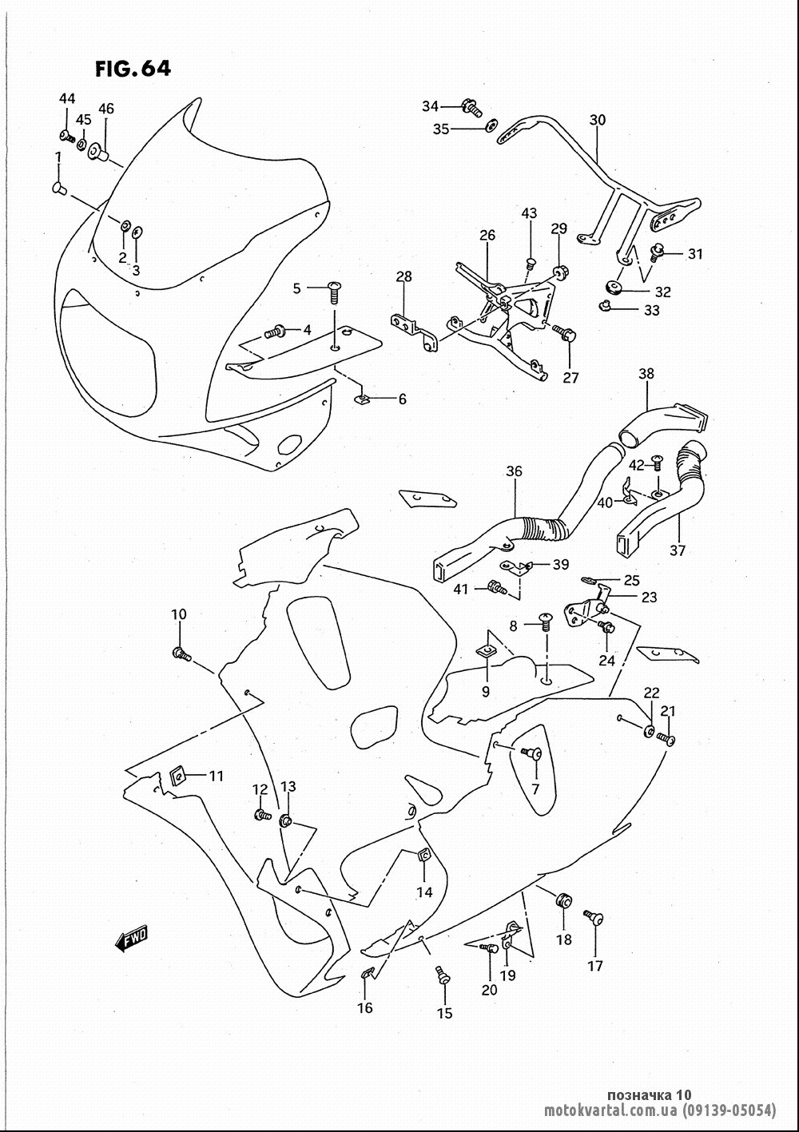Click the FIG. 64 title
point(133,69)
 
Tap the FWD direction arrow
point(131,939)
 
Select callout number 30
point(598,120)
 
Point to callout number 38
point(646,373)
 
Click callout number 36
point(514,471)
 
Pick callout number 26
point(487,235)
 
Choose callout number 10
point(179,614)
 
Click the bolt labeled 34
point(471,107)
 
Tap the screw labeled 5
point(333,292)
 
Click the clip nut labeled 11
point(177,776)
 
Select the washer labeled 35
point(491,126)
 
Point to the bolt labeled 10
point(181,655)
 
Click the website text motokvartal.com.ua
point(610,1110)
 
